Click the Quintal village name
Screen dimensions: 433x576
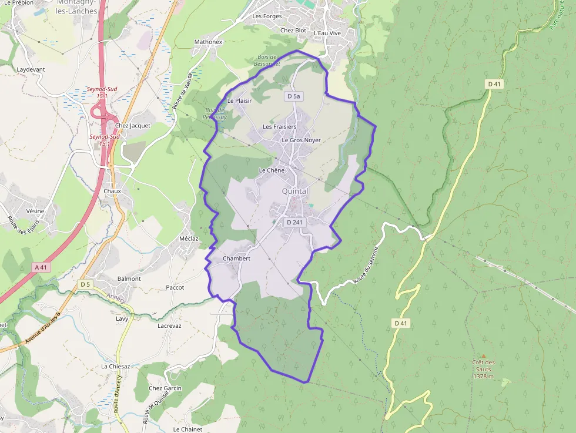(295, 192)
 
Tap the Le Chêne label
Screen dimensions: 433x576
(272, 170)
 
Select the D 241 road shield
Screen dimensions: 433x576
(294, 223)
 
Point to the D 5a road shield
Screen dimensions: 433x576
(293, 96)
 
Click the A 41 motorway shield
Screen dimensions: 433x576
(40, 267)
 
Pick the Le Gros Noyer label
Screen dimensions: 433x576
(301, 140)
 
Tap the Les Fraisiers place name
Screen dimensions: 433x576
(279, 127)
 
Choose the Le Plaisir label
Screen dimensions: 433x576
(239, 100)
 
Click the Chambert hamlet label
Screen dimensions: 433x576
(237, 259)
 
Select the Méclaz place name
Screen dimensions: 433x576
(189, 239)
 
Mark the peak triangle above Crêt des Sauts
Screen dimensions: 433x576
(483, 355)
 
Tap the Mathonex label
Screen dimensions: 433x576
(208, 42)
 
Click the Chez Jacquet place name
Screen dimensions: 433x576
(133, 125)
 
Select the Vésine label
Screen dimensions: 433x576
(35, 211)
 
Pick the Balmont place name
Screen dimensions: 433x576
(129, 278)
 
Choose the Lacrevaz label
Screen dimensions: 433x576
(169, 325)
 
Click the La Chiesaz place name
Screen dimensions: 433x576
(115, 366)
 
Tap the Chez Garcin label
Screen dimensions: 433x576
(165, 388)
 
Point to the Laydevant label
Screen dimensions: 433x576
(31, 69)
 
